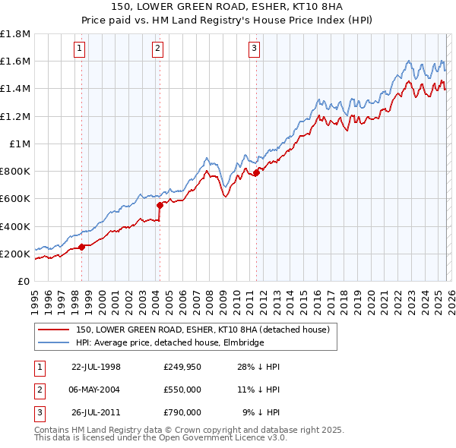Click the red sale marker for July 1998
[82, 246]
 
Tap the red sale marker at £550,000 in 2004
[160, 205]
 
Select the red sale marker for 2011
[256, 172]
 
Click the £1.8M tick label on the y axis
[15, 34]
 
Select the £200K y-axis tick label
[15, 254]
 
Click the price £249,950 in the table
[182, 366]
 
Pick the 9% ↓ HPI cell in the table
[261, 412]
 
